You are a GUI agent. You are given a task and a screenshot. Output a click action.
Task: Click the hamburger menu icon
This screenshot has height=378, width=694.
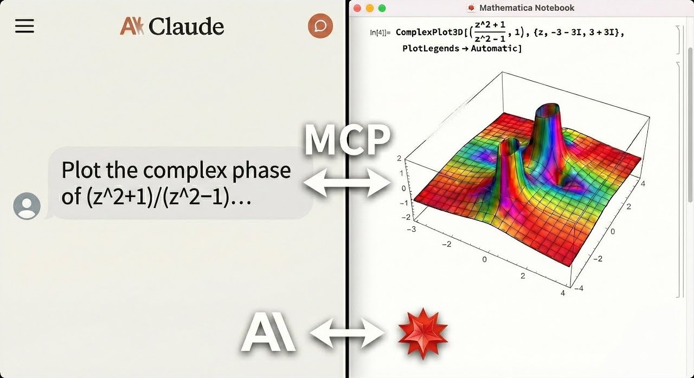(24, 26)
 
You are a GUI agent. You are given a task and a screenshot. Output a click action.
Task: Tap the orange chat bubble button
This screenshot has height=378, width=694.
(320, 25)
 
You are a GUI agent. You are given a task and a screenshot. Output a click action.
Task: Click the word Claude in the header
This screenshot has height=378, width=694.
(186, 26)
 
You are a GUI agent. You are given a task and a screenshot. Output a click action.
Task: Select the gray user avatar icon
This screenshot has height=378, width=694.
(27, 206)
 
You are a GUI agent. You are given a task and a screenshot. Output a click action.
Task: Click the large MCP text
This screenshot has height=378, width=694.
(347, 140)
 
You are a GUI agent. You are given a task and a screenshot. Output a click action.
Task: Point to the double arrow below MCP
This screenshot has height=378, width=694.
(347, 183)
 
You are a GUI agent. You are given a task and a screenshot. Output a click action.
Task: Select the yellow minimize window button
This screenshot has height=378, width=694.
(370, 8)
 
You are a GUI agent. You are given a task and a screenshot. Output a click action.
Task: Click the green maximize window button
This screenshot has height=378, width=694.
(382, 8)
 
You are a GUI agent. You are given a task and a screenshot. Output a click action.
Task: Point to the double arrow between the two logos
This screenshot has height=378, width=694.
(347, 333)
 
